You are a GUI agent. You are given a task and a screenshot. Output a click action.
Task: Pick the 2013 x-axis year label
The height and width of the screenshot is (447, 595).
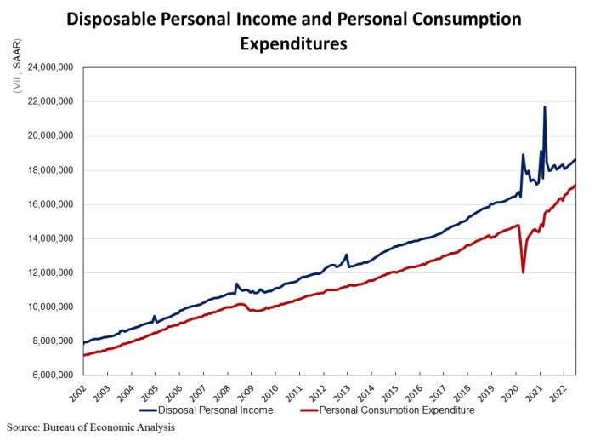coord(341,393)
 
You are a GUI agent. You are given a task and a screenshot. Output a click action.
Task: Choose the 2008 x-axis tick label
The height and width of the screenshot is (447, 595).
coord(220,393)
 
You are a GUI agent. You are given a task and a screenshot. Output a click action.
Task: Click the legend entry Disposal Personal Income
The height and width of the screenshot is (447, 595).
coord(217,410)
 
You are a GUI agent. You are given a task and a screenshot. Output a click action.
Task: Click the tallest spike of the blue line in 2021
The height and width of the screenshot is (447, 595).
coord(544,107)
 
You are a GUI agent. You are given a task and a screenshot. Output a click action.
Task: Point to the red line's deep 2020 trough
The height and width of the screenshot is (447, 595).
coord(523,272)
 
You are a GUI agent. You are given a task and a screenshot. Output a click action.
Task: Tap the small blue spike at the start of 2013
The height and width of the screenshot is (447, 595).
coord(347,255)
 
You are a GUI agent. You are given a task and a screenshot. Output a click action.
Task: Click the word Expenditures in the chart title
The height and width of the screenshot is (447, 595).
coord(293,44)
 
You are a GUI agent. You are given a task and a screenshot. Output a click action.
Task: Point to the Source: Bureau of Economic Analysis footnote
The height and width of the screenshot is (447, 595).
coord(91,427)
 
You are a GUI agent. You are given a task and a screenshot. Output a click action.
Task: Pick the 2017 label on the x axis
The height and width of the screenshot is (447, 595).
coord(438,393)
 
